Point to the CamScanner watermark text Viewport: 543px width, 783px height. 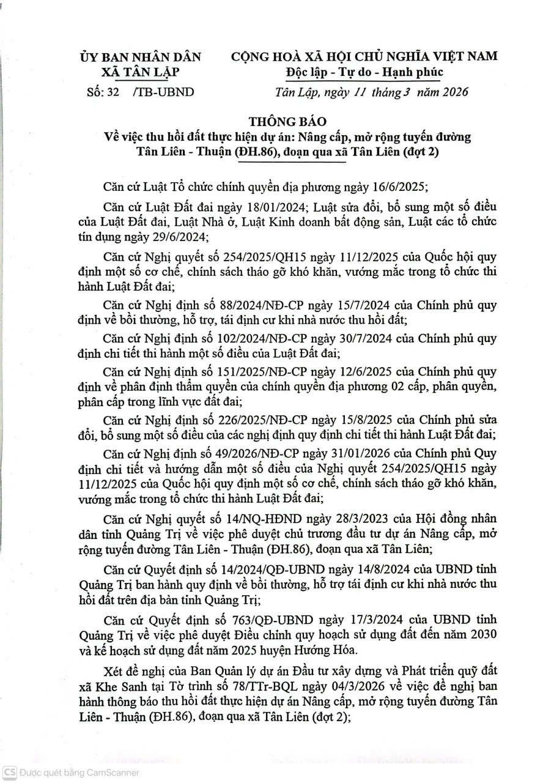tap(79, 773)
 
